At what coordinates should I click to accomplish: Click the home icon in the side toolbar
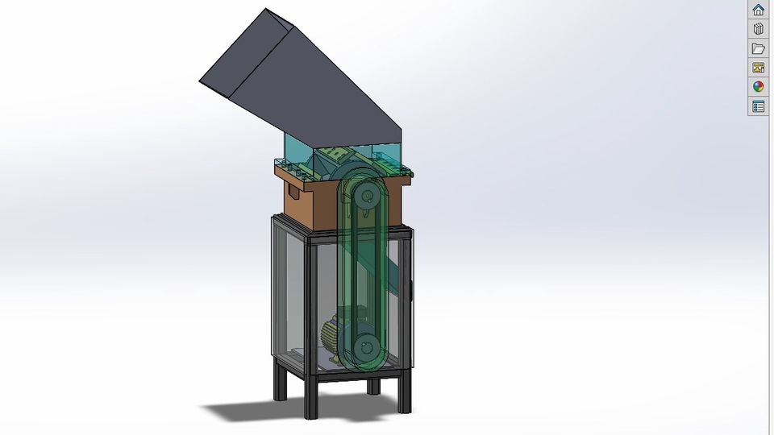pyautogui.click(x=758, y=10)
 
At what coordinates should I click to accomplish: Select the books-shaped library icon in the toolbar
pyautogui.click(x=758, y=29)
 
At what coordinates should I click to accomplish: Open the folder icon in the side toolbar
pyautogui.click(x=758, y=48)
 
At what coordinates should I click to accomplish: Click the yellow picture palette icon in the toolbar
pyautogui.click(x=758, y=68)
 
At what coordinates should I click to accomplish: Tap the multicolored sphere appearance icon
pyautogui.click(x=758, y=87)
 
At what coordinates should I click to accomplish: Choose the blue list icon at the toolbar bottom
pyautogui.click(x=758, y=106)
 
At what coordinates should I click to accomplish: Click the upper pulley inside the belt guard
pyautogui.click(x=367, y=196)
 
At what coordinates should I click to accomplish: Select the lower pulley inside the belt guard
pyautogui.click(x=367, y=348)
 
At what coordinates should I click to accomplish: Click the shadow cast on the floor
pyautogui.click(x=242, y=411)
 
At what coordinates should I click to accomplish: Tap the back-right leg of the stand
pyautogui.click(x=373, y=386)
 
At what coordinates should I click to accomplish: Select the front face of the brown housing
pyautogui.click(x=322, y=205)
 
